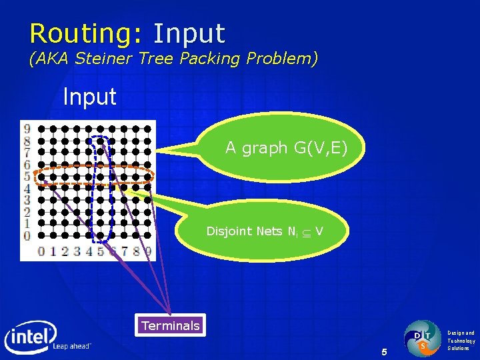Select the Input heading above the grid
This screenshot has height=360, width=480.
[x=89, y=97]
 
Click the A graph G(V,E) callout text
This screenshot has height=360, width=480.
[x=286, y=148]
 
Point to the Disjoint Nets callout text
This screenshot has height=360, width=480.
[x=265, y=231]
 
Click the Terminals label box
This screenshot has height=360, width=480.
[x=170, y=325]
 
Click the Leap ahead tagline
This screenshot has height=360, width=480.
[x=72, y=347]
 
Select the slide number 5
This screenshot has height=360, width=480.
[x=383, y=351]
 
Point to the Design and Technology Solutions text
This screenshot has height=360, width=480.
[x=461, y=340]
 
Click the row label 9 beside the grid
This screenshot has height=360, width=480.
[x=27, y=129]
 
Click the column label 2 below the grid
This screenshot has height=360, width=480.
[x=65, y=252]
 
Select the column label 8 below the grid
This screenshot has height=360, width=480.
[x=136, y=252]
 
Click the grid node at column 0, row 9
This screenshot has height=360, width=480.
[x=41, y=129]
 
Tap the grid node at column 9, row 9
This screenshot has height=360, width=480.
[x=147, y=129]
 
